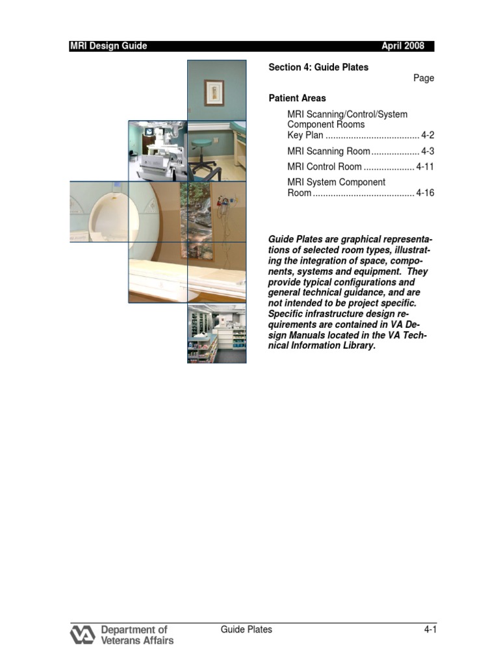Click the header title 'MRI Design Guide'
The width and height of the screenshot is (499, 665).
[109, 46]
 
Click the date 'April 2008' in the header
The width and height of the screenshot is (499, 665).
[403, 46]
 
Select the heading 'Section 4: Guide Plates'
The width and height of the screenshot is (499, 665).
[318, 68]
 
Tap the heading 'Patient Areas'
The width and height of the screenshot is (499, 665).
[298, 98]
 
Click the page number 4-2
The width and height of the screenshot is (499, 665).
[428, 135]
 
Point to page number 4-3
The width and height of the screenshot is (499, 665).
[428, 151]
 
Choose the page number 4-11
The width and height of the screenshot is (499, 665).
[425, 167]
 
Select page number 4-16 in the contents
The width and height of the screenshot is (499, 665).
[425, 194]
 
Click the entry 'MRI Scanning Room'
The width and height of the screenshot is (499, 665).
[329, 151]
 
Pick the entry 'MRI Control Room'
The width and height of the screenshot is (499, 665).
[324, 167]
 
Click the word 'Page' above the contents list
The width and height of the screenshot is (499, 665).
[424, 78]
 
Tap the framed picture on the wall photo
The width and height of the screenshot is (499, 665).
[214, 92]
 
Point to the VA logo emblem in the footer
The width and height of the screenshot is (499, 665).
[83, 634]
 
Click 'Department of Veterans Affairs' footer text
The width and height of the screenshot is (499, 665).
[137, 634]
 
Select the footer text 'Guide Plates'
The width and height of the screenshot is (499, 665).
[246, 629]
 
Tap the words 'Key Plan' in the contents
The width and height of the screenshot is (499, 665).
[305, 135]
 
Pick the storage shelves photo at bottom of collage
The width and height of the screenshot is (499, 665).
[216, 334]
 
